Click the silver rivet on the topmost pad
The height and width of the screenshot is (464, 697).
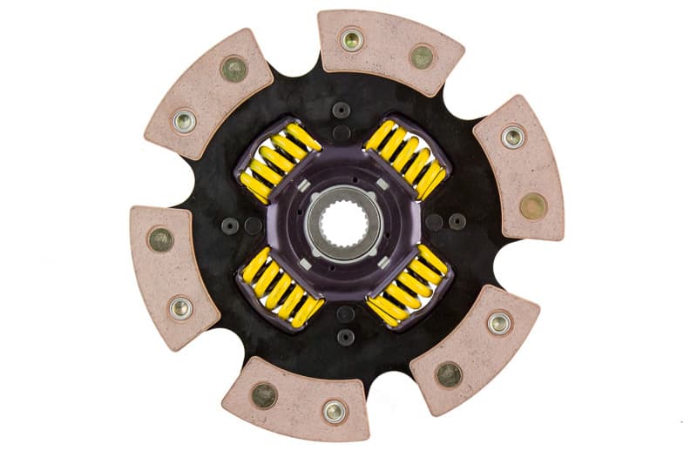click(352, 39)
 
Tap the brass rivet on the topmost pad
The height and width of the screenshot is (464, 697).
click(422, 57)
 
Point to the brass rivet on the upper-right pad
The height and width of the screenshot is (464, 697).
click(532, 205)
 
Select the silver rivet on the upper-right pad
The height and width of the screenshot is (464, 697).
click(512, 137)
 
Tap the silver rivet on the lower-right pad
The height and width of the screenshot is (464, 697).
click(499, 322)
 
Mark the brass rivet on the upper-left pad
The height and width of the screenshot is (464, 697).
click(233, 69)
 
